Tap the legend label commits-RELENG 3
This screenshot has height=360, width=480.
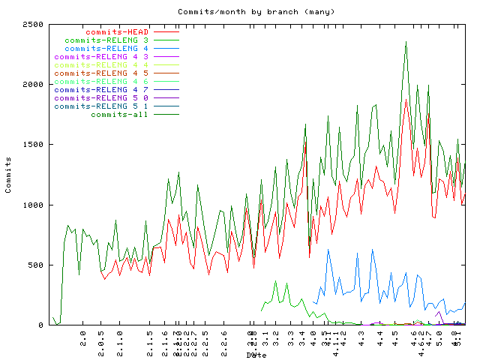pyautogui.click(x=106, y=40)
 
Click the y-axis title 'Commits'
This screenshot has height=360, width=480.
pyautogui.click(x=9, y=175)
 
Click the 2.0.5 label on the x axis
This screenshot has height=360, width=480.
pyautogui.click(x=101, y=341)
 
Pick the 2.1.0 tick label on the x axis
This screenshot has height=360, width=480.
pyautogui.click(x=120, y=341)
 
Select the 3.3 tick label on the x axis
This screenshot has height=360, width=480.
pyautogui.click(x=291, y=338)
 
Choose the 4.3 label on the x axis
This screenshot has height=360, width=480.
pyautogui.click(x=362, y=338)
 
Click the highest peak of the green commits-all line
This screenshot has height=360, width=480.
pyautogui.click(x=406, y=43)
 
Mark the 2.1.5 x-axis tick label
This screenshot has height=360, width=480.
pyautogui.click(x=150, y=341)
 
